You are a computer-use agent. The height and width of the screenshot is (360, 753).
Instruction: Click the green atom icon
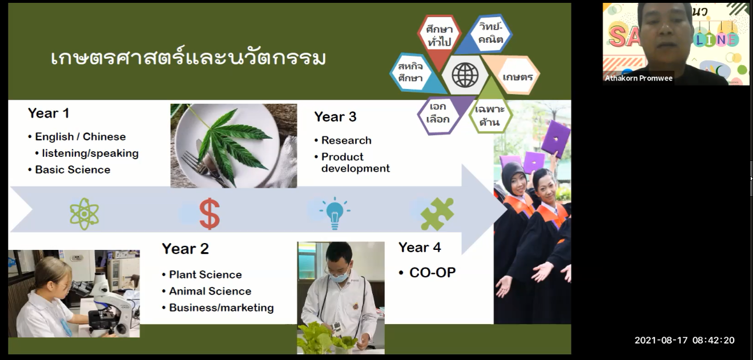click(84, 214)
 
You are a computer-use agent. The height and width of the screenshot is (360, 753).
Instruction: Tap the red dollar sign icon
click(210, 213)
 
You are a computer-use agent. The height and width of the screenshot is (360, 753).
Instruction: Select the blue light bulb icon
click(335, 213)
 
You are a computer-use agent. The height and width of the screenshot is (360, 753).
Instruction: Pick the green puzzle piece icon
click(437, 214)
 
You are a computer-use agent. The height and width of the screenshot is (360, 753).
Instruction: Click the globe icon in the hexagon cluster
click(465, 75)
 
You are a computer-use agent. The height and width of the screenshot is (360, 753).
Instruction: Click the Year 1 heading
click(49, 113)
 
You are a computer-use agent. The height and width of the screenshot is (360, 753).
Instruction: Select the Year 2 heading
click(185, 249)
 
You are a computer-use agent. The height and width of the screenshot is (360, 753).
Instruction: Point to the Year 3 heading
click(335, 117)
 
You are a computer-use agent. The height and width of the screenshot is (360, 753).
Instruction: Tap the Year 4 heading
click(420, 248)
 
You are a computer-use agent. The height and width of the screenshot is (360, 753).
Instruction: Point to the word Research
click(347, 140)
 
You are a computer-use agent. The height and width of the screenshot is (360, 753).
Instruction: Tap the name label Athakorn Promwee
click(639, 78)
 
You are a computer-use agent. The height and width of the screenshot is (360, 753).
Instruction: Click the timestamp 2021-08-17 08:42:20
click(684, 340)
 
